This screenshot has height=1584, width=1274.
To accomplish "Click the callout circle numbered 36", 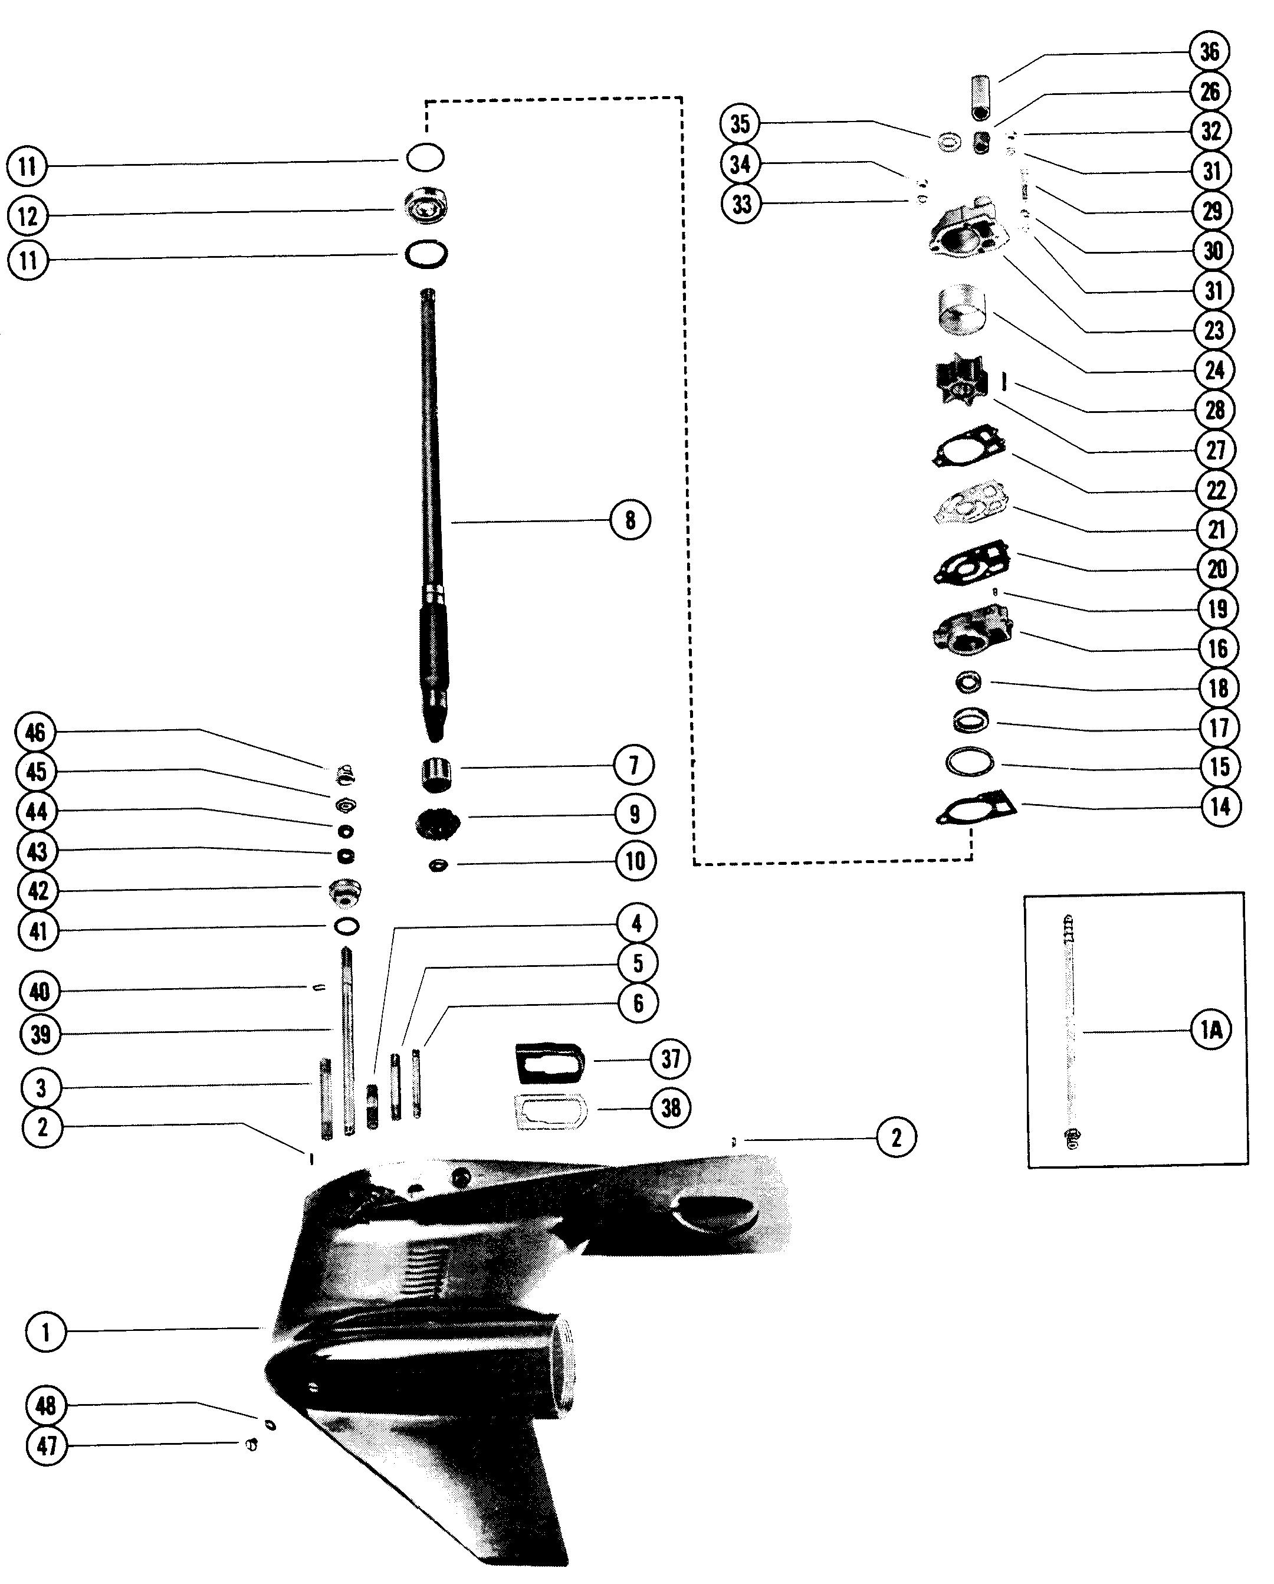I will click(x=1209, y=51).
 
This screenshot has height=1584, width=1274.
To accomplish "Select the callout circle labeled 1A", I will click(x=1210, y=1030).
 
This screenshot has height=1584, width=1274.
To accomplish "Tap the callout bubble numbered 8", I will click(x=631, y=520).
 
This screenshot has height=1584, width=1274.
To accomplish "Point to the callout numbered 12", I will click(x=28, y=216).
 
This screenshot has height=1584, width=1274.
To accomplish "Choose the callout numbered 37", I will click(x=671, y=1059).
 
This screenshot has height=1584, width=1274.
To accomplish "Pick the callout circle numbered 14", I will click(x=1220, y=806).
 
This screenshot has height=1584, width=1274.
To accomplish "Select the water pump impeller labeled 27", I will click(x=957, y=383).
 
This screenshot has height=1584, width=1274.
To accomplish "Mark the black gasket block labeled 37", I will click(x=550, y=1063).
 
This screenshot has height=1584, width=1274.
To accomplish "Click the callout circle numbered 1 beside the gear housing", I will click(x=45, y=1332).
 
